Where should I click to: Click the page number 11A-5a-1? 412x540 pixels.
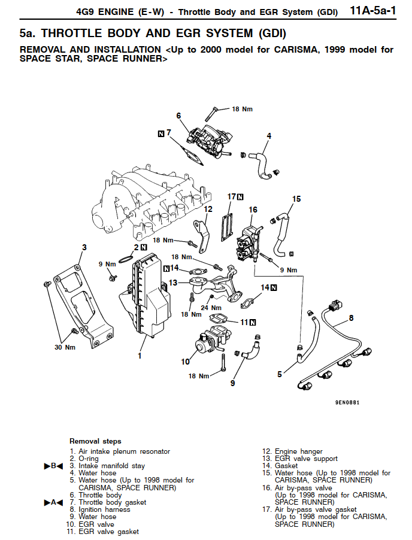pyautogui.click(x=373, y=11)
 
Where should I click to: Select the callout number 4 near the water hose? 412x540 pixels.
pyautogui.click(x=269, y=136)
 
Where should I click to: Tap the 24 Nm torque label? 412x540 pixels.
pyautogui.click(x=211, y=308)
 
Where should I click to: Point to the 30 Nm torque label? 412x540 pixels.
pyautogui.click(x=65, y=347)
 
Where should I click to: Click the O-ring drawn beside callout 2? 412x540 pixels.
pyautogui.click(x=126, y=258)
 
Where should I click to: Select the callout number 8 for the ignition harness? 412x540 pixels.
pyautogui.click(x=351, y=317)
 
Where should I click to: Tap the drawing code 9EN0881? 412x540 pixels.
pyautogui.click(x=347, y=402)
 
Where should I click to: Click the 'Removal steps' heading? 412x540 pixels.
pyautogui.click(x=95, y=441)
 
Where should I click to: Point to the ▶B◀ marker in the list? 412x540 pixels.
pyautogui.click(x=53, y=466)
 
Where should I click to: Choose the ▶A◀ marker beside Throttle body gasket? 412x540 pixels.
pyautogui.click(x=53, y=502)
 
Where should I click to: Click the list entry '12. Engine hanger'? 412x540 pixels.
pyautogui.click(x=292, y=451)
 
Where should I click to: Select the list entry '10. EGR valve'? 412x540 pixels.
pyautogui.click(x=90, y=524)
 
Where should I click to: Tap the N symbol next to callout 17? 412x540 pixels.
pyautogui.click(x=241, y=197)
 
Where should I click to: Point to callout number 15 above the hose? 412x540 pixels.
pyautogui.click(x=296, y=199)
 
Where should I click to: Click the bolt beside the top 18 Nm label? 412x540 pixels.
pyautogui.click(x=210, y=114)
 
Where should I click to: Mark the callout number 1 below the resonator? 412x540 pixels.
pyautogui.click(x=140, y=356)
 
